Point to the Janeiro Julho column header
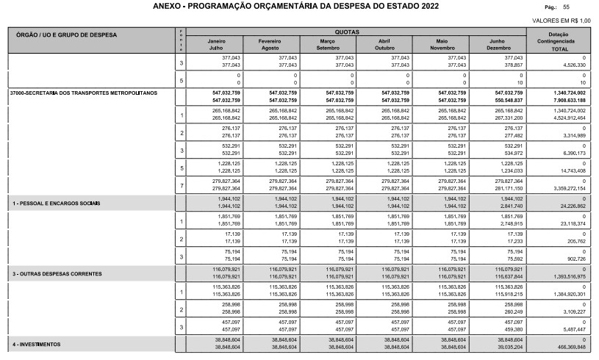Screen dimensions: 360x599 pyautogui.click(x=218, y=44)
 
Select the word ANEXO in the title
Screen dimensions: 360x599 pyautogui.click(x=168, y=7)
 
